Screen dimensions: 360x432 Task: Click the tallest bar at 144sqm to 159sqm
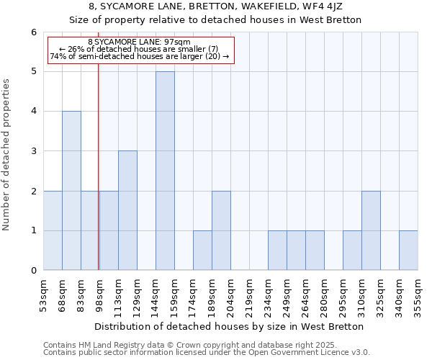(165, 171)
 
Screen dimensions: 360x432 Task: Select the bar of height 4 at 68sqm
(71, 191)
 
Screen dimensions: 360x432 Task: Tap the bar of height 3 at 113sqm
(127, 210)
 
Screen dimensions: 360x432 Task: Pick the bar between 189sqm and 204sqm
(221, 230)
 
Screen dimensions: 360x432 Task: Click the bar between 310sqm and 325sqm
(371, 230)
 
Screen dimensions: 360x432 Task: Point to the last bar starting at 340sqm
(408, 251)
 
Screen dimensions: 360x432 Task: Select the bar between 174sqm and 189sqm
(202, 251)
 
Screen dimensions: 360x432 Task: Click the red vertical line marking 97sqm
(98, 180)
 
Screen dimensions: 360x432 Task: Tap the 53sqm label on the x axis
(44, 294)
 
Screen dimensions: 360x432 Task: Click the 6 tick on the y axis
(33, 32)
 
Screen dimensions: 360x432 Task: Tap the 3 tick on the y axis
(33, 151)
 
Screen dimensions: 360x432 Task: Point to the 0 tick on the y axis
(33, 271)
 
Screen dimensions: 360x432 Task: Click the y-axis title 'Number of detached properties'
(7, 156)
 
